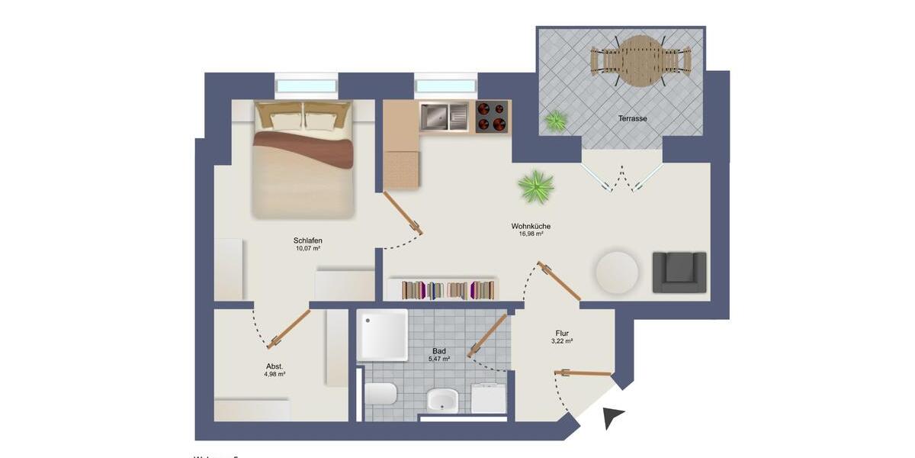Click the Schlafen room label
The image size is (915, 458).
[x=307, y=240]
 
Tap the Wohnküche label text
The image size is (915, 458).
[x=531, y=226]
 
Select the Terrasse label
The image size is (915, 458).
[x=633, y=119]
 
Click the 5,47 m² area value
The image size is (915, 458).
[x=438, y=358]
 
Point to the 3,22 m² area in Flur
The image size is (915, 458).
[x=563, y=341]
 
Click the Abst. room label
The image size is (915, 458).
[x=274, y=366]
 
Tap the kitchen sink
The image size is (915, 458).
[x=435, y=117]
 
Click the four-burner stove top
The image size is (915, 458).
[x=492, y=117]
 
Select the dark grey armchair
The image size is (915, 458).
[x=679, y=273]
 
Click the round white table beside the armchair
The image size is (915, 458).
[x=617, y=273]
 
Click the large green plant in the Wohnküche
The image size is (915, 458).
[x=535, y=187]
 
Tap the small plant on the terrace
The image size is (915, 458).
[x=556, y=120]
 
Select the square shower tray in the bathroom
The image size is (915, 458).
[x=383, y=334]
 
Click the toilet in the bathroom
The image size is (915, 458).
[x=380, y=394]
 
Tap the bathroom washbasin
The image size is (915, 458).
[x=441, y=399]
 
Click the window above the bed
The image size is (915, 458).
[x=306, y=85]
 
